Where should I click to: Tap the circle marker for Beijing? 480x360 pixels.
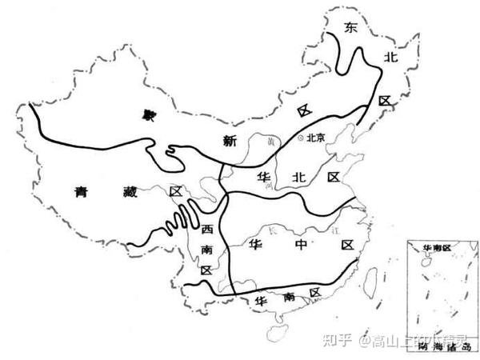click(x=300, y=138)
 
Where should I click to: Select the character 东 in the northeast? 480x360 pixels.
click(x=350, y=28)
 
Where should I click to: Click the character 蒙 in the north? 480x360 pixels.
click(x=147, y=116)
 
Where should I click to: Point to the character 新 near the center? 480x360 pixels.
click(x=230, y=142)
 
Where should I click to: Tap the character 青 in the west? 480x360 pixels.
click(x=80, y=192)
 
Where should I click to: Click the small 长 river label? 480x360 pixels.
click(x=276, y=230)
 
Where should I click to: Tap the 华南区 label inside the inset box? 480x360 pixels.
click(x=437, y=247)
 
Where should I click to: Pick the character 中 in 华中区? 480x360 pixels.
click(x=300, y=244)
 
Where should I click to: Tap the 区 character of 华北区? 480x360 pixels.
click(x=334, y=176)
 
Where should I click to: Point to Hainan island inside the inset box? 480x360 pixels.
click(x=427, y=260)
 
